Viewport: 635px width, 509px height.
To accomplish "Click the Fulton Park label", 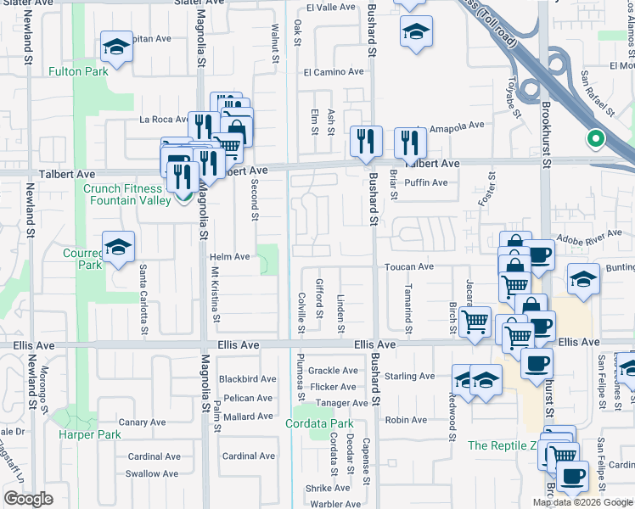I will point(79,72).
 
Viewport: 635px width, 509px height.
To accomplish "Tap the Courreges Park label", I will point(83,259).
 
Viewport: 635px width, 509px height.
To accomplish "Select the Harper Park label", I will point(91,434).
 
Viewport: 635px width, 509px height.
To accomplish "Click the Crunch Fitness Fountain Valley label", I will point(124,194).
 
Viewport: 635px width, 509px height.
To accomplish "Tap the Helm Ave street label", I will point(230,256).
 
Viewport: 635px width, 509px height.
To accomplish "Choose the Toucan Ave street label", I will point(409,266).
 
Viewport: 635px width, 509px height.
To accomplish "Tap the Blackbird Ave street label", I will point(247,379).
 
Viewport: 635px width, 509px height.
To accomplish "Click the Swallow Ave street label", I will point(153,473).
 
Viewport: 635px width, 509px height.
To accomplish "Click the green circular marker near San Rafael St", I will point(596,139).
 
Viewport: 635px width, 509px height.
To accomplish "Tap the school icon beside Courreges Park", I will point(119,247).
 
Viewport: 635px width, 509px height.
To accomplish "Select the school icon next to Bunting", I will point(583,280).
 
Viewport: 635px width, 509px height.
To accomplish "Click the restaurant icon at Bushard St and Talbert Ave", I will point(366,141).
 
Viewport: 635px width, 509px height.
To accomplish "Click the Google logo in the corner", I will point(28,499).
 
